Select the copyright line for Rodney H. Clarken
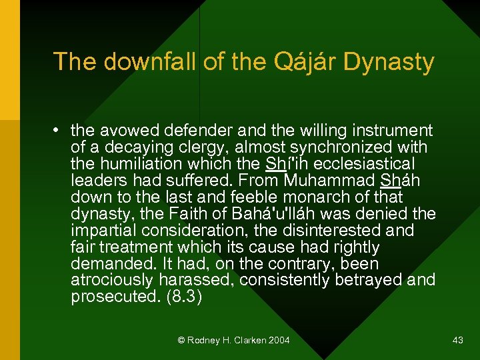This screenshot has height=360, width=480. point(233,341)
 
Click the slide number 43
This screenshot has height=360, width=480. point(457,341)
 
